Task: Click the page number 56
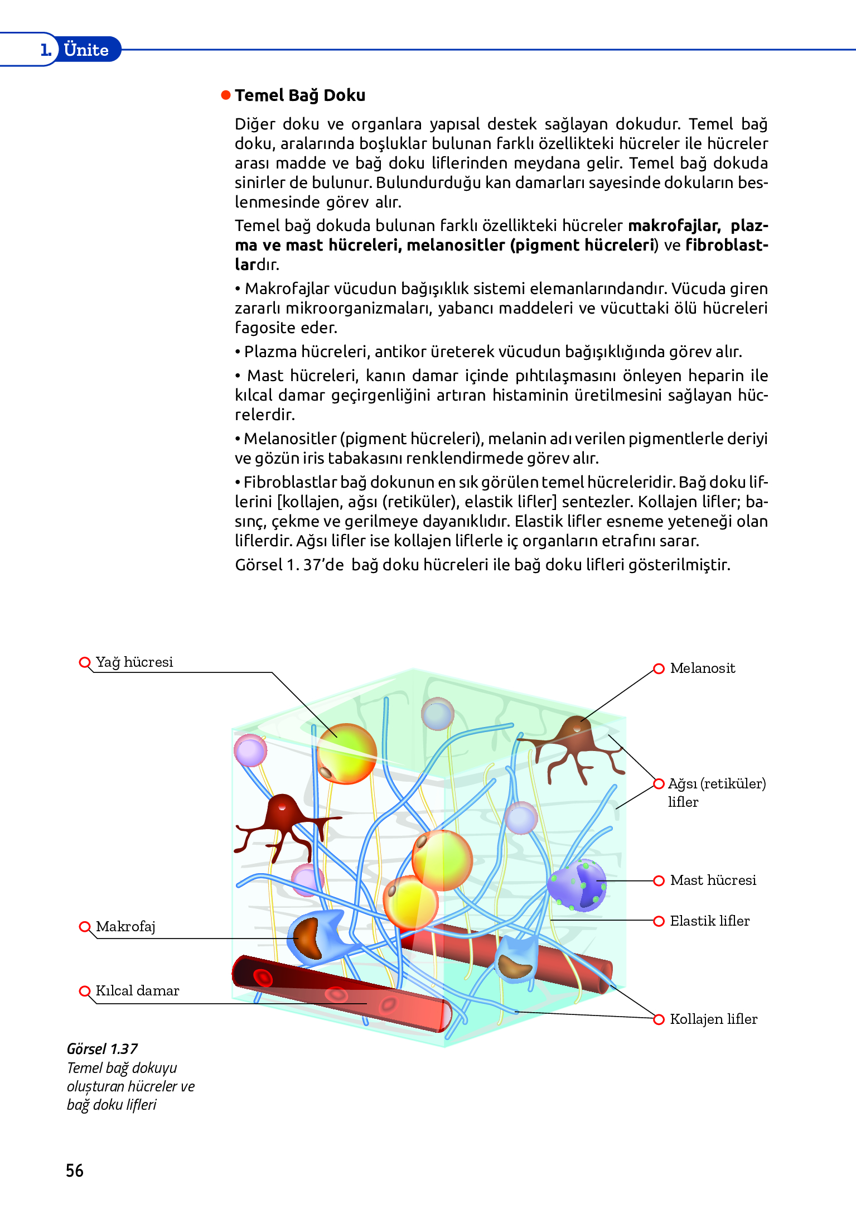click(75, 1170)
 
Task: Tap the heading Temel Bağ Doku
click(299, 95)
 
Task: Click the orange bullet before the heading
click(226, 95)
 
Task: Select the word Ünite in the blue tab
click(86, 50)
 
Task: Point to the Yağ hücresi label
click(134, 662)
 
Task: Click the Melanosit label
click(702, 668)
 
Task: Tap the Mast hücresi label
click(713, 880)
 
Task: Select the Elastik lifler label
click(709, 921)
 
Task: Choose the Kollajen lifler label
click(713, 1019)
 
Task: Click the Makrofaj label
click(125, 927)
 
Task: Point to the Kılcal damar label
click(137, 991)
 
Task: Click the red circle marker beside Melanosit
click(659, 668)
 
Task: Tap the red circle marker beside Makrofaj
click(85, 927)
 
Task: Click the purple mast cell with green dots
click(577, 885)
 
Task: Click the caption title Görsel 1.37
click(102, 1049)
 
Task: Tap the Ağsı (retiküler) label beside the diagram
click(717, 784)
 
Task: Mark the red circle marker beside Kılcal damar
click(85, 991)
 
